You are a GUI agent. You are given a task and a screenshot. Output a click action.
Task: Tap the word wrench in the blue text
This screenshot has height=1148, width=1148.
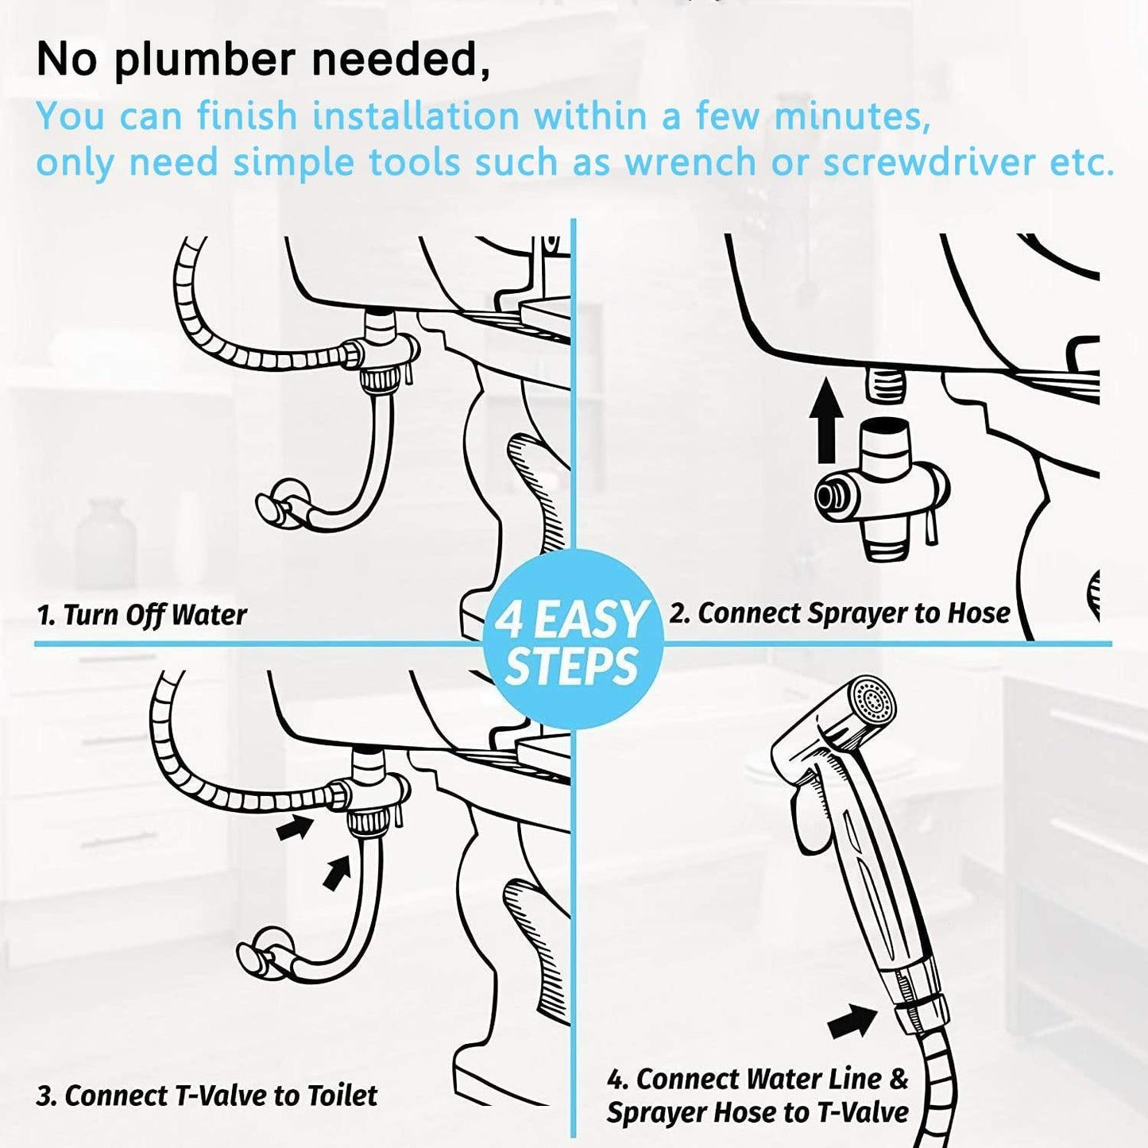(690, 162)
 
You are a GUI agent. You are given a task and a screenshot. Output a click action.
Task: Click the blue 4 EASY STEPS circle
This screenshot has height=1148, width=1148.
(572, 640)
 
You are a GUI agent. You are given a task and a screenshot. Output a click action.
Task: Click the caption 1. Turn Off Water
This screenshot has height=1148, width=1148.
(141, 615)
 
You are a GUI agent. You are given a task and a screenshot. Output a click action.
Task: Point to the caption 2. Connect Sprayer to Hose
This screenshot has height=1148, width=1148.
(839, 613)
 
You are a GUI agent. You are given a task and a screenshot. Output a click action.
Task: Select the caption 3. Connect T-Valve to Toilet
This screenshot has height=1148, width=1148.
(207, 1096)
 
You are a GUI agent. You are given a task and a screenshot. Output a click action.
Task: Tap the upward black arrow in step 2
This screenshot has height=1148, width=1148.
(826, 420)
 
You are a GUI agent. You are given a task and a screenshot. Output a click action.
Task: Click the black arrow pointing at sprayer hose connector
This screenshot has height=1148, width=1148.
(852, 1022)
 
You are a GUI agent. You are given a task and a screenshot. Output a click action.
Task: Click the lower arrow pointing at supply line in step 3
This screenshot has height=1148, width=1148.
(337, 872)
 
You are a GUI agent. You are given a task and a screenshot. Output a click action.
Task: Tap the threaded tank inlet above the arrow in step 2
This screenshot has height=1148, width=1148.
(883, 385)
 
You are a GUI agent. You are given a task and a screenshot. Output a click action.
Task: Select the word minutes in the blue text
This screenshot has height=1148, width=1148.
(852, 116)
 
